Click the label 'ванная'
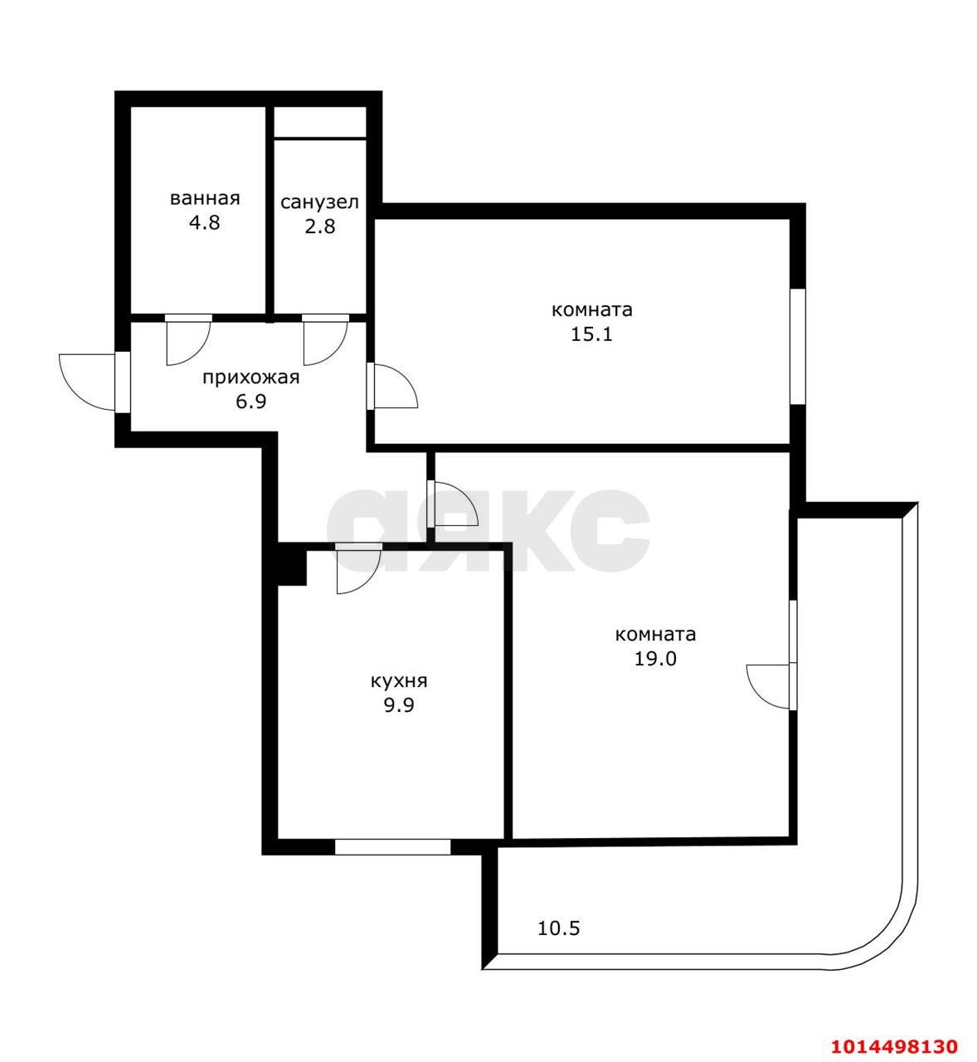(x=205, y=199)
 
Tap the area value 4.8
(x=204, y=223)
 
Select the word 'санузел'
(x=319, y=202)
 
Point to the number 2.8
(x=319, y=226)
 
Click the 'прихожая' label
(x=250, y=378)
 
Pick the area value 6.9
(x=250, y=402)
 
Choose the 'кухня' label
(x=399, y=681)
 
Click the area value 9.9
(x=399, y=705)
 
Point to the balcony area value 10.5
(x=558, y=928)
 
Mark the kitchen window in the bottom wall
(x=392, y=846)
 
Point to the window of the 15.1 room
(x=798, y=346)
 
